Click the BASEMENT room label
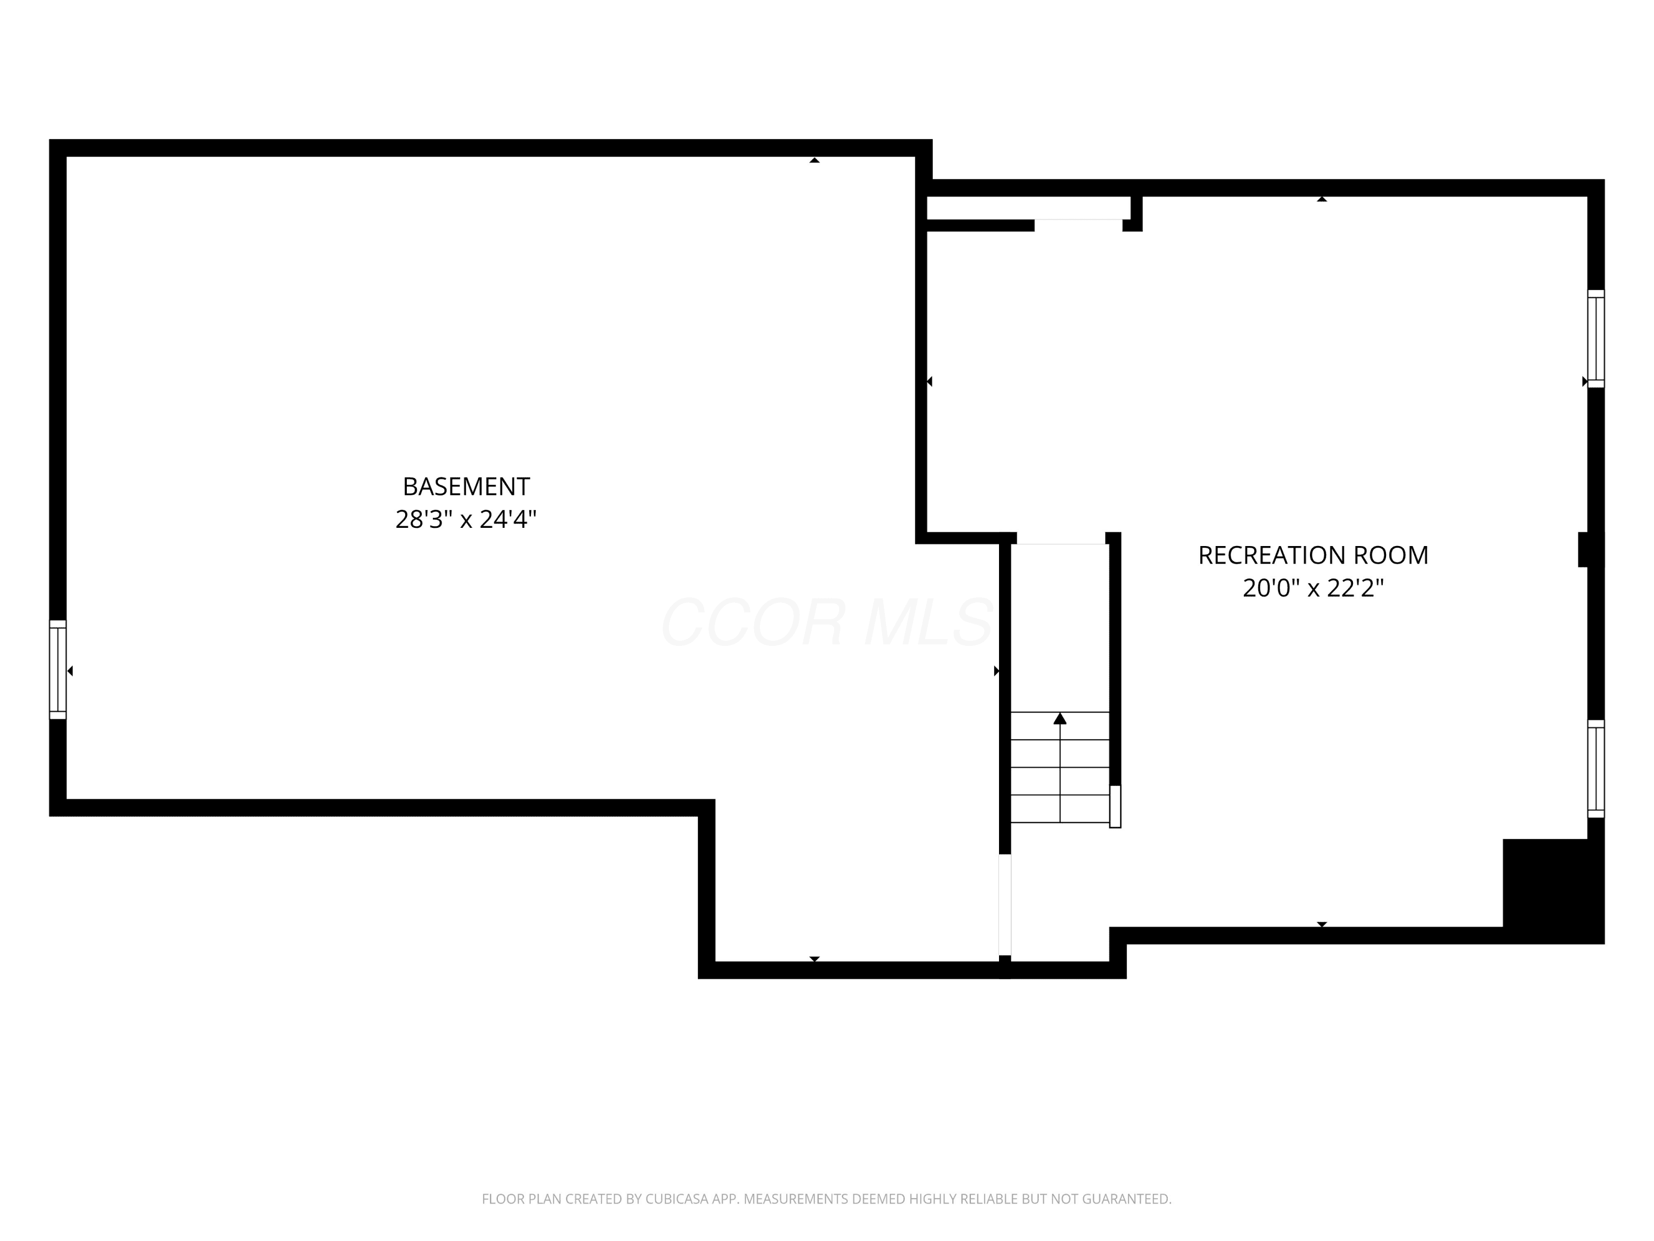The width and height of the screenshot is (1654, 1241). [466, 487]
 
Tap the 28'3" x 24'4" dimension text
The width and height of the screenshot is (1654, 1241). [466, 519]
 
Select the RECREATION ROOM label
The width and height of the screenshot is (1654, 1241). [1313, 555]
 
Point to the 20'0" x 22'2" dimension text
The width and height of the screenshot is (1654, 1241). [1313, 588]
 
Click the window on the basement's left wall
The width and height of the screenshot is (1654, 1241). [57, 670]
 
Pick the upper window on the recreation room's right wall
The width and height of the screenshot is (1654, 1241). [1596, 339]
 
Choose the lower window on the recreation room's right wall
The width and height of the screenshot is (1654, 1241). [1596, 769]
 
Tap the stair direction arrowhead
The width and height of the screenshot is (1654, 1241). [1060, 719]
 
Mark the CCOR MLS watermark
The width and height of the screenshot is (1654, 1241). [826, 622]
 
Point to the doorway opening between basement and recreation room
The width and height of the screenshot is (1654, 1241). [1005, 905]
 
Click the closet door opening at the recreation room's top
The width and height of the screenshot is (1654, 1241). [1078, 220]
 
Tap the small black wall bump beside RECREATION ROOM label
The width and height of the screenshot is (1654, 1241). [1583, 549]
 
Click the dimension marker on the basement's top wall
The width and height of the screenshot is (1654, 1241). [814, 160]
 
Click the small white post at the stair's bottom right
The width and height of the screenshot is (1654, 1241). [1115, 806]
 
